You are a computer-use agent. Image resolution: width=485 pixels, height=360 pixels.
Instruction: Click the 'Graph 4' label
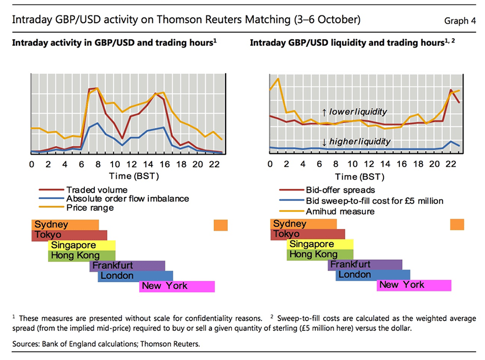pyautogui.click(x=460, y=21)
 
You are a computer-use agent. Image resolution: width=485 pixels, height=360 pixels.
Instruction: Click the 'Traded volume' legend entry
pyautogui.click(x=97, y=189)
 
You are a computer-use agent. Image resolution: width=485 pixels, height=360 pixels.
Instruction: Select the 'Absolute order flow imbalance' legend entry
pyautogui.click(x=127, y=199)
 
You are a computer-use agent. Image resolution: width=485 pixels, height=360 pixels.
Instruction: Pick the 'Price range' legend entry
pyautogui.click(x=90, y=208)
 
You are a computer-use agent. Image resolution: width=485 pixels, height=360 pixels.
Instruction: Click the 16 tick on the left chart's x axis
pyautogui.click(x=164, y=165)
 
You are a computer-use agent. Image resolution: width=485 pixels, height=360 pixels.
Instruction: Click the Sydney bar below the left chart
pyautogui.click(x=65, y=225)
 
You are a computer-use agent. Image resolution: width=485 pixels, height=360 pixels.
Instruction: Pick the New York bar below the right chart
pyautogui.click(x=414, y=285)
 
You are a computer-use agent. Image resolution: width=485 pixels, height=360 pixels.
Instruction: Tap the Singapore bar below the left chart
pyautogui.click(x=82, y=245)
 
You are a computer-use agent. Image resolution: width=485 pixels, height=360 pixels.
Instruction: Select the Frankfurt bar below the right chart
pyautogui.click(x=365, y=264)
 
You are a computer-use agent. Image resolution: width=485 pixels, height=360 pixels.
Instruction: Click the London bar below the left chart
pyautogui.click(x=135, y=276)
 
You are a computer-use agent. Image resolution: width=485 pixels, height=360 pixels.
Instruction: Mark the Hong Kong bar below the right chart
pyautogui.click(x=320, y=255)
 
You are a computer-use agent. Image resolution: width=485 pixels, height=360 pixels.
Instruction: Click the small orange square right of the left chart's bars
pyautogui.click(x=220, y=225)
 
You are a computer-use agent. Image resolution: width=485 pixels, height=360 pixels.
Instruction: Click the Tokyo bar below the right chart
pyautogui.click(x=308, y=234)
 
